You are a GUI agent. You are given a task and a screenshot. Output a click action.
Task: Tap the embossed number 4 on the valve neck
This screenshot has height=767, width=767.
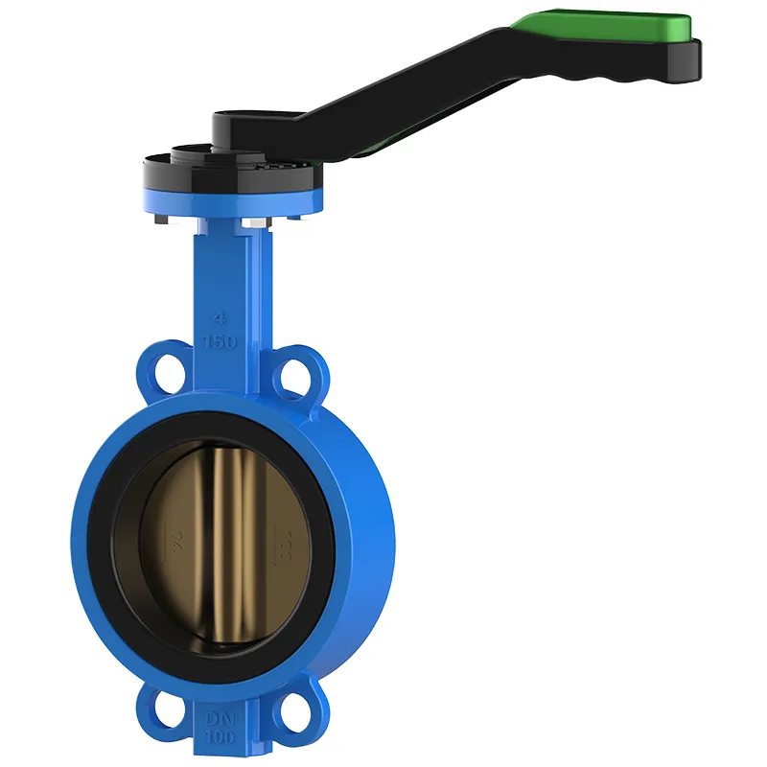tap(221, 318)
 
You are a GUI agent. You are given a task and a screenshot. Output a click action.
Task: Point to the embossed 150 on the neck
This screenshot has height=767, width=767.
tap(220, 342)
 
